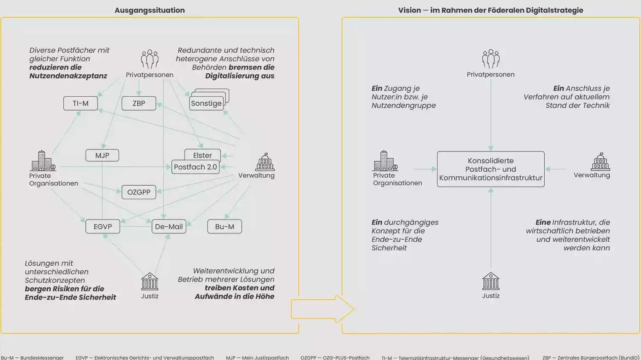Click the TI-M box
(x=80, y=103)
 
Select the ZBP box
(x=139, y=103)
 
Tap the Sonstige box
(x=206, y=103)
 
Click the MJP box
(x=102, y=155)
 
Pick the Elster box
(x=202, y=154)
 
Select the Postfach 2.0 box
(x=196, y=167)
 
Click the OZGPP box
(x=139, y=192)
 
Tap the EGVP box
(x=103, y=227)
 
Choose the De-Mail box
(x=169, y=227)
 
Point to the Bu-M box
(x=225, y=227)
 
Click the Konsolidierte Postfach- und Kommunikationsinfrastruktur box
(x=491, y=169)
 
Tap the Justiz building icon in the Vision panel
(x=491, y=281)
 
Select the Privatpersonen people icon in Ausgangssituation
(x=149, y=59)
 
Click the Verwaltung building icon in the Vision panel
(x=600, y=162)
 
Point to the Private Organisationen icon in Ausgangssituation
(x=43, y=161)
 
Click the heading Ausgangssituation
(x=149, y=10)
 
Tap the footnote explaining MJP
(x=257, y=357)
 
